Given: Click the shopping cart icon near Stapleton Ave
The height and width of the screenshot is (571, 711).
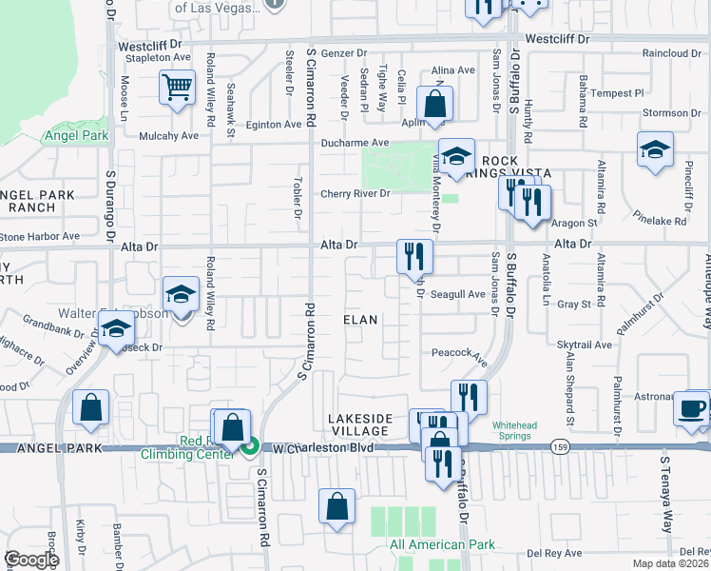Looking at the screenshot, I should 177,89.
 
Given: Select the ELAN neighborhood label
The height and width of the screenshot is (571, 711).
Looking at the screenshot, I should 361,321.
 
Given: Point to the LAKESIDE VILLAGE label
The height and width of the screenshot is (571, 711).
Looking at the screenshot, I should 360,424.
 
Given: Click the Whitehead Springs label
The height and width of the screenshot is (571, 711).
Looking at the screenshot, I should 517,432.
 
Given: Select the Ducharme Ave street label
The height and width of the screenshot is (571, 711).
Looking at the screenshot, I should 354,143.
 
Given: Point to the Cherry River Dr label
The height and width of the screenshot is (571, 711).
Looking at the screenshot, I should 355,194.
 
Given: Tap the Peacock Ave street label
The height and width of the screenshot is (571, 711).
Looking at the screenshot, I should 459,356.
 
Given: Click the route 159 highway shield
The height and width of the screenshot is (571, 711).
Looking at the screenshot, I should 557,445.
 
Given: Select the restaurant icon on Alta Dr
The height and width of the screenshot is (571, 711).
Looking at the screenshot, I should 414,256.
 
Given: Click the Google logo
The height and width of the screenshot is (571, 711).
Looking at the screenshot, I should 31,560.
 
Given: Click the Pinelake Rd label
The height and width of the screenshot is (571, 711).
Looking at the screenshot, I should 663,221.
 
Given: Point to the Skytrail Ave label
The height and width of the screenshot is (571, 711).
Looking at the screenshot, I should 585,346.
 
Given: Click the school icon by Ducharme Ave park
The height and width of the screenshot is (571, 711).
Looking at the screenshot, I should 457,158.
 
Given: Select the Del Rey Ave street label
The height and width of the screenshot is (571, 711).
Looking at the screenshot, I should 555,552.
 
